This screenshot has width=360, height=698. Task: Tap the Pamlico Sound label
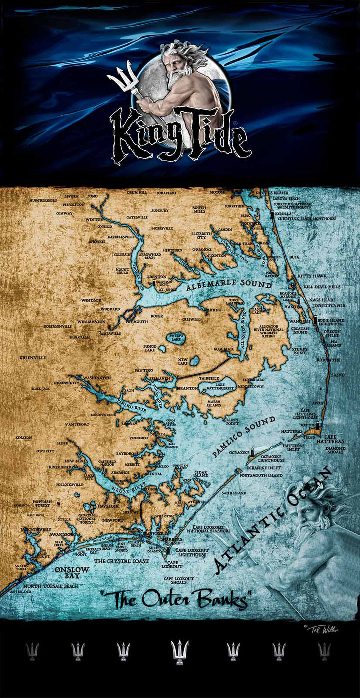[x=244, y=436]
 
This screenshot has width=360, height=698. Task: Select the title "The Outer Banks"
[x=176, y=599]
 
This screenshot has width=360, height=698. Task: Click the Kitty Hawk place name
[x=311, y=276]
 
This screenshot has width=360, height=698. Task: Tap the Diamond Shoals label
[x=335, y=450]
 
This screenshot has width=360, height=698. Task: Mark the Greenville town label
[x=33, y=358]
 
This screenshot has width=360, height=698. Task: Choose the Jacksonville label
[x=35, y=529]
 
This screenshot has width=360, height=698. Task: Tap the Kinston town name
[x=23, y=437]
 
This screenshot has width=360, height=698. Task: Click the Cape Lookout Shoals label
[x=179, y=581]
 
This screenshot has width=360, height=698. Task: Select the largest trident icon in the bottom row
[x=179, y=651]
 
